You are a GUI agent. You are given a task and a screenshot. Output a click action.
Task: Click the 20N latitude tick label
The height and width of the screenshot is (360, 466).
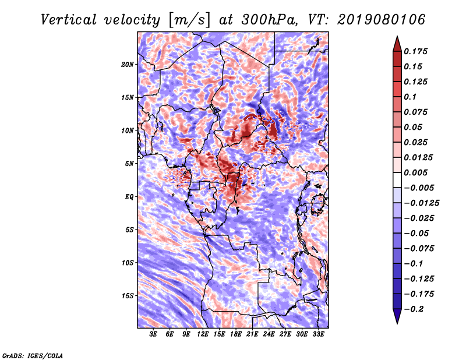coord(128,64)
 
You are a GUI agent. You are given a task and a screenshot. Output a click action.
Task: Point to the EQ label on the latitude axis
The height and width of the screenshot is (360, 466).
coord(129,197)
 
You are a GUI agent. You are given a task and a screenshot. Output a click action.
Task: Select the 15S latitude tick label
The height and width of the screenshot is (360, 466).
coord(128,296)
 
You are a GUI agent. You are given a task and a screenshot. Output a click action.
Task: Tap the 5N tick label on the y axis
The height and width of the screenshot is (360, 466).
coord(129,164)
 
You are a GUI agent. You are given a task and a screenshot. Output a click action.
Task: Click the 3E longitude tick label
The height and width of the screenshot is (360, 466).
coord(154,334)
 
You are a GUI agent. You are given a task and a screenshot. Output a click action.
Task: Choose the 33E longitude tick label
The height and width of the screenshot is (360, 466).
coord(318,334)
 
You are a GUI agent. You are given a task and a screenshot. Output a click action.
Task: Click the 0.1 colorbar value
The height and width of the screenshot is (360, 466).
coord(411,97)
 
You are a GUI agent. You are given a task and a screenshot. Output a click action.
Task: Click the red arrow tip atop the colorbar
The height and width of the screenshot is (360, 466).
coord(396,41)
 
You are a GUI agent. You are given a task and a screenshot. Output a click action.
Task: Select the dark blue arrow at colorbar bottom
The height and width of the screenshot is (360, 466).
coord(396,317)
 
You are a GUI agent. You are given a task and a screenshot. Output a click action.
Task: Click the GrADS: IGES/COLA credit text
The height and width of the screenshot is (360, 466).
coord(32,355)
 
